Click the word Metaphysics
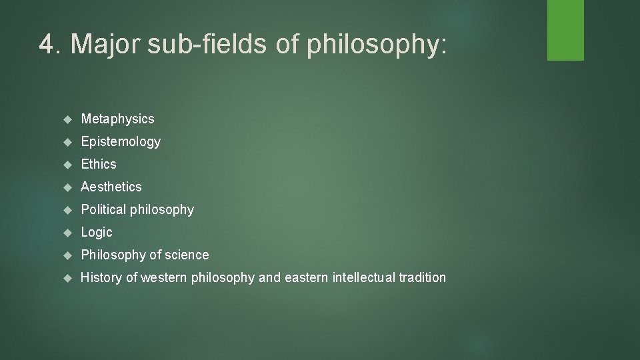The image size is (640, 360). click(x=117, y=119)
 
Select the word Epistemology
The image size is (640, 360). click(x=121, y=142)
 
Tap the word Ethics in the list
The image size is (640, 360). click(x=99, y=164)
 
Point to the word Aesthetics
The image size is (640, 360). click(x=111, y=187)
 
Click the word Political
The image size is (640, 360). click(x=103, y=209)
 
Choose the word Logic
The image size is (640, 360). click(x=97, y=233)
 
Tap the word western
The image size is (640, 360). click(x=163, y=277)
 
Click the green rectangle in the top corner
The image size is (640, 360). click(x=565, y=30)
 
